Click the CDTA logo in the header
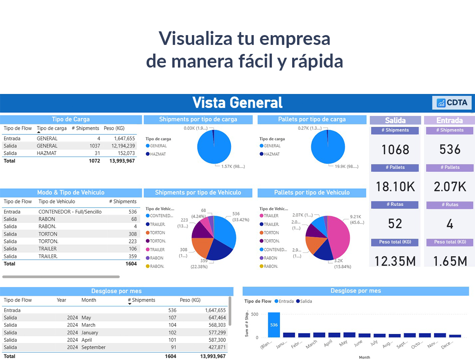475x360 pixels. [452, 103]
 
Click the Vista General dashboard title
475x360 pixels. [237, 103]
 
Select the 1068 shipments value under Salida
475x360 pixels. [395, 150]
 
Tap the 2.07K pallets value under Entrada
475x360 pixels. [450, 187]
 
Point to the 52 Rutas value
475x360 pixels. [395, 224]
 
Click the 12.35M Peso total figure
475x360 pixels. [395, 261]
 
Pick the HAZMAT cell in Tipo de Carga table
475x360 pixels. [47, 153]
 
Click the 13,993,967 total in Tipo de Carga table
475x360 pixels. [122, 161]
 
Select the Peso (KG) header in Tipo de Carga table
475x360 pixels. [114, 128]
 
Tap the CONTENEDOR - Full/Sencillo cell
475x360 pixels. [70, 212]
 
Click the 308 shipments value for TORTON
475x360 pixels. [132, 234]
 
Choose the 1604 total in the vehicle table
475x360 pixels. [131, 264]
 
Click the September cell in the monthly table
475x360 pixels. [93, 347]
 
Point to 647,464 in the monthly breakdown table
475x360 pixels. [217, 318]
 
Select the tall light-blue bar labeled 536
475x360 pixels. [274, 325]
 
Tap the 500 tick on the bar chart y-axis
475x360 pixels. [255, 314]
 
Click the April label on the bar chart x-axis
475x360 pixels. [328, 343]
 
